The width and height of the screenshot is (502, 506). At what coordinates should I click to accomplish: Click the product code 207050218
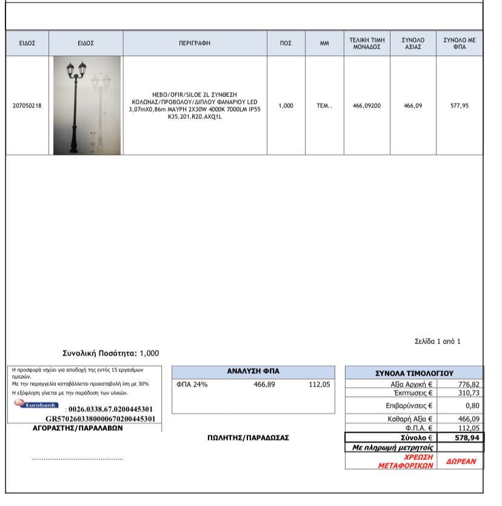(x=27, y=106)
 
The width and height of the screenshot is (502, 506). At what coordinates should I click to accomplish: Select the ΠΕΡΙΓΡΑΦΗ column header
(x=195, y=43)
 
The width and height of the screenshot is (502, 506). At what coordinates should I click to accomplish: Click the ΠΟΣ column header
(x=286, y=43)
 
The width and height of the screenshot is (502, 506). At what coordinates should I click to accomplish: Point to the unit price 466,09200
(x=367, y=106)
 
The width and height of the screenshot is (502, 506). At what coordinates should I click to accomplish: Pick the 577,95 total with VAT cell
(x=459, y=106)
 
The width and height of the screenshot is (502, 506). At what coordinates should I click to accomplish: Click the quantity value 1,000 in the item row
(x=286, y=106)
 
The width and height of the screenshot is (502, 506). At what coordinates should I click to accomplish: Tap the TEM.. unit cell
(x=324, y=106)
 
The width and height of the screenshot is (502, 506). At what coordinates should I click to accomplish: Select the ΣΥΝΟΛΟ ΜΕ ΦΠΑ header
(x=459, y=43)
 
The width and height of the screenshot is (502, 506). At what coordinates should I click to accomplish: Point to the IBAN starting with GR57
(x=101, y=419)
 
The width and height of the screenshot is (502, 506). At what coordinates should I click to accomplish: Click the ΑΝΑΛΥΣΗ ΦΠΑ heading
(x=253, y=371)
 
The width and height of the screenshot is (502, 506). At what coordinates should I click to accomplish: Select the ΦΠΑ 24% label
(x=192, y=384)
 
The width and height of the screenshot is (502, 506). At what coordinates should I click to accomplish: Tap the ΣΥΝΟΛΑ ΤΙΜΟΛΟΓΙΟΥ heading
(x=414, y=373)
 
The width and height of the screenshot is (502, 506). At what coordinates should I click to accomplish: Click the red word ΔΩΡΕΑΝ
(x=461, y=461)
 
